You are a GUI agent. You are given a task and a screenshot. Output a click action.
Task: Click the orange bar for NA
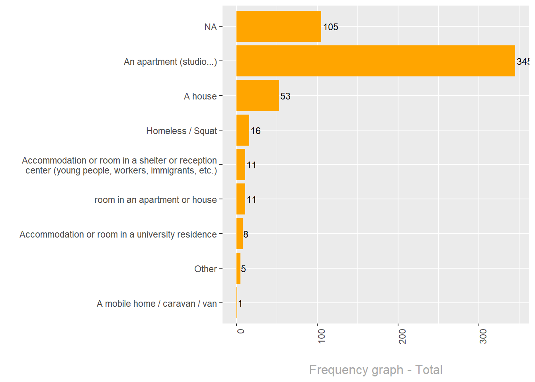[x=279, y=26]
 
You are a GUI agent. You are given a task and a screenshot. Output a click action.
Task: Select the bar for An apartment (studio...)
[x=375, y=61]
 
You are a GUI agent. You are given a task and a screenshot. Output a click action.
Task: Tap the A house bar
[x=258, y=95]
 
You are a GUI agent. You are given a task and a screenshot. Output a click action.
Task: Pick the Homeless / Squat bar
[x=243, y=130]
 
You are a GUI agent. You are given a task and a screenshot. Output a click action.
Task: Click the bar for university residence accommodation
[x=240, y=234]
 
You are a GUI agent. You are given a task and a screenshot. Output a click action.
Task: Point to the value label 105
[x=330, y=27]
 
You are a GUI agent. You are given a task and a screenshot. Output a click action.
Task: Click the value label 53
[x=285, y=96]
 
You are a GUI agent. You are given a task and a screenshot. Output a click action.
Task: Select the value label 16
[x=256, y=131]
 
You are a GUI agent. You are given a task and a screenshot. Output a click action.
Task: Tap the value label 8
[x=246, y=234]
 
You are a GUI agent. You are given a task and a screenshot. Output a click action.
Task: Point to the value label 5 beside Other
[x=243, y=269]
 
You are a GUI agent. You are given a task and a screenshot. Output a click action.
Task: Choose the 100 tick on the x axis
[x=322, y=336]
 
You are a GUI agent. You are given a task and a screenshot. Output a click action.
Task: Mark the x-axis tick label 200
[x=402, y=336]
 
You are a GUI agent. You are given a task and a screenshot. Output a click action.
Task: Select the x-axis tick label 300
[x=483, y=336]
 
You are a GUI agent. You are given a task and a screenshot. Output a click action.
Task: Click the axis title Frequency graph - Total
[x=375, y=370]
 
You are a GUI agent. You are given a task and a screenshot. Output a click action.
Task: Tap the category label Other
[x=205, y=269]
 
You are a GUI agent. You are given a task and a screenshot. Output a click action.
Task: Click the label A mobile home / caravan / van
[x=157, y=304]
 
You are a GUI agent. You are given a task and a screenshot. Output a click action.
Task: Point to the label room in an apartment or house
[x=156, y=200]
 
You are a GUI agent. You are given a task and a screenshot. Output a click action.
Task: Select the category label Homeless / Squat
[x=182, y=131]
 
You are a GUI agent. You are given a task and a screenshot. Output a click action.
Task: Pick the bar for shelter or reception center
[x=241, y=165]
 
